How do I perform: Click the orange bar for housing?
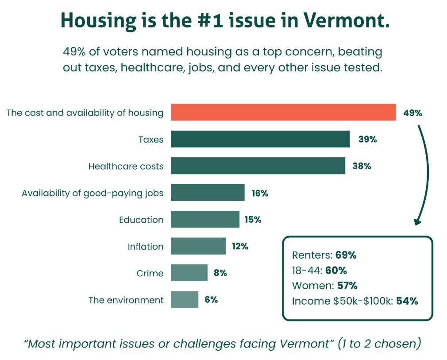(x=283, y=112)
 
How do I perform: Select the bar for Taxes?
(x=260, y=139)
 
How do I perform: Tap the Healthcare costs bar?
(x=258, y=166)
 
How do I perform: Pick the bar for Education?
(x=205, y=219)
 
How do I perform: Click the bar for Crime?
(x=189, y=273)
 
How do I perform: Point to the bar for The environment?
(x=185, y=300)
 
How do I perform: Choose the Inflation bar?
(x=198, y=246)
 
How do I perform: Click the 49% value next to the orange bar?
(x=412, y=113)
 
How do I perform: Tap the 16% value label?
(x=259, y=193)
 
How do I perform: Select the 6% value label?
(x=211, y=300)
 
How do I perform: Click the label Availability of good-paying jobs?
(x=92, y=193)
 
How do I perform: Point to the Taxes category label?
(x=151, y=139)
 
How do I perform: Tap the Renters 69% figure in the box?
(x=346, y=255)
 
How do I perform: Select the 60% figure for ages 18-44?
(x=336, y=271)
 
